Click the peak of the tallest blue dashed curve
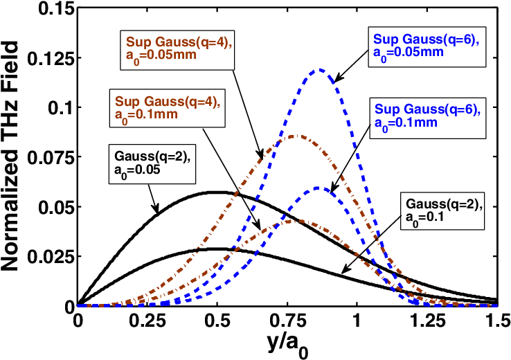tap(319, 69)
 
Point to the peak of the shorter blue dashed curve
tap(318, 188)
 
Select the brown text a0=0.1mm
tap(146, 114)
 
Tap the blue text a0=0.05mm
tap(408, 52)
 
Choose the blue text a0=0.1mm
tap(406, 123)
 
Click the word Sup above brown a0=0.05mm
tap(136, 42)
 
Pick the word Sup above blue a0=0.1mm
tap(385, 109)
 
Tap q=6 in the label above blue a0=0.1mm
tap(461, 109)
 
